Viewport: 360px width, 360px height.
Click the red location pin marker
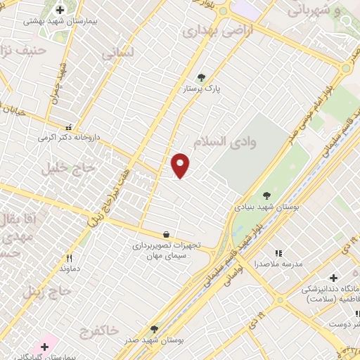[x=181, y=165]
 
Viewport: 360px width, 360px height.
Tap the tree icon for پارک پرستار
[x=202, y=78]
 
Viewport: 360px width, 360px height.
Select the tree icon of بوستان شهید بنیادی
[x=266, y=195]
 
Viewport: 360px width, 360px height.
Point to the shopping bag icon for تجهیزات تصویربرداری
[x=165, y=235]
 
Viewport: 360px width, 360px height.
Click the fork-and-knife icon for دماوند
[x=69, y=258]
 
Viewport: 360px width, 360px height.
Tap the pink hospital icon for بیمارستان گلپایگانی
[x=46, y=346]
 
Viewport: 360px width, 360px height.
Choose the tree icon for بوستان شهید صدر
[x=154, y=329]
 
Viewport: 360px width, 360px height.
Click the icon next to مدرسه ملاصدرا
[x=278, y=253]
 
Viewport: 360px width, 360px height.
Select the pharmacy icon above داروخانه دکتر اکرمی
[x=69, y=127]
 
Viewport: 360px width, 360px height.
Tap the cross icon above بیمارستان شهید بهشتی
[x=60, y=10]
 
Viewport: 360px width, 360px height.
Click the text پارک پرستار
[x=202, y=90]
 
